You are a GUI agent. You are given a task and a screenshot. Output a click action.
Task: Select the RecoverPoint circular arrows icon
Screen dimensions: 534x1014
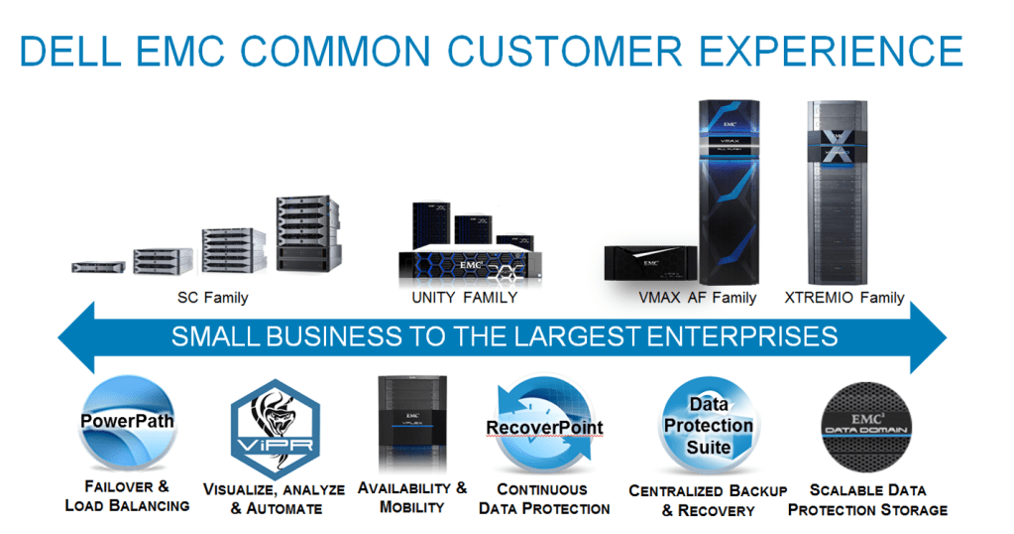544,428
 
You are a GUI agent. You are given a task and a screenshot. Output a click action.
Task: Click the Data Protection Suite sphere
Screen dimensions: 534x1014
708,425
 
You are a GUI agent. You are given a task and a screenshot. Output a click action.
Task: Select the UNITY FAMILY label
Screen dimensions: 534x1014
465,298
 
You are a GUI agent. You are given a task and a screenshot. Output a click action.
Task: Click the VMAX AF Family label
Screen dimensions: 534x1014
698,298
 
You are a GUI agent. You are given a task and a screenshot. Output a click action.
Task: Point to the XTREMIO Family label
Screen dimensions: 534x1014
845,298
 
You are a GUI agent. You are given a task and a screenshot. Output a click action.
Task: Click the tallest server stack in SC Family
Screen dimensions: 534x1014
306,233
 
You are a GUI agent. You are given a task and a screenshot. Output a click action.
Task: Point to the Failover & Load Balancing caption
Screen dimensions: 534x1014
127,496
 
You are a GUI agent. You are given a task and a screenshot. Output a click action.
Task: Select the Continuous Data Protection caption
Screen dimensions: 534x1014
544,499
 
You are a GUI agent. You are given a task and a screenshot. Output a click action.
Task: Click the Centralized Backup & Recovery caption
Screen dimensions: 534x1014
708,500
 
